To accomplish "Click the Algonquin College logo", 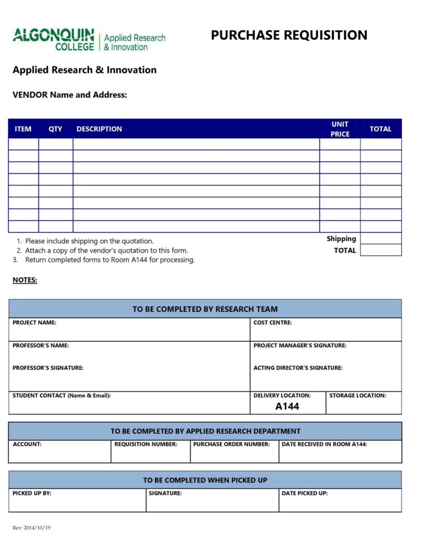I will (89, 40).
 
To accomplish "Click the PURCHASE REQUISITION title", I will (289, 35).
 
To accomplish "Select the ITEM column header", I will (23, 129).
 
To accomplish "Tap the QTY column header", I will (55, 129).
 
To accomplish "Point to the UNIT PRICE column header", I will (340, 129).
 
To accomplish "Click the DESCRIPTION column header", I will (99, 129).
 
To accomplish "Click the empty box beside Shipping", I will (381, 238).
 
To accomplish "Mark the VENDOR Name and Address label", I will (70, 95).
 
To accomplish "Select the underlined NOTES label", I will (25, 280).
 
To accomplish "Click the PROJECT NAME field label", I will (34, 323).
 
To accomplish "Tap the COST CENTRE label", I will (273, 323).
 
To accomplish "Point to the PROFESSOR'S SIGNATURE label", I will (48, 368).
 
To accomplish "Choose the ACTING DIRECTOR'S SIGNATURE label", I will (298, 368).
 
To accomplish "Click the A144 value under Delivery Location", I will (287, 407).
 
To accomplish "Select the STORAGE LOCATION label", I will (358, 395).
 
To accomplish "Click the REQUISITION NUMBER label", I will (146, 444).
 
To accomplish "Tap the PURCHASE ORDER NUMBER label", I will (231, 444).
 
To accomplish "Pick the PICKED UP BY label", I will (32, 493).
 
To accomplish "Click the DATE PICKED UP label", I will (305, 493).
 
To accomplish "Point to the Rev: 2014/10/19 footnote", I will (31, 528).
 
